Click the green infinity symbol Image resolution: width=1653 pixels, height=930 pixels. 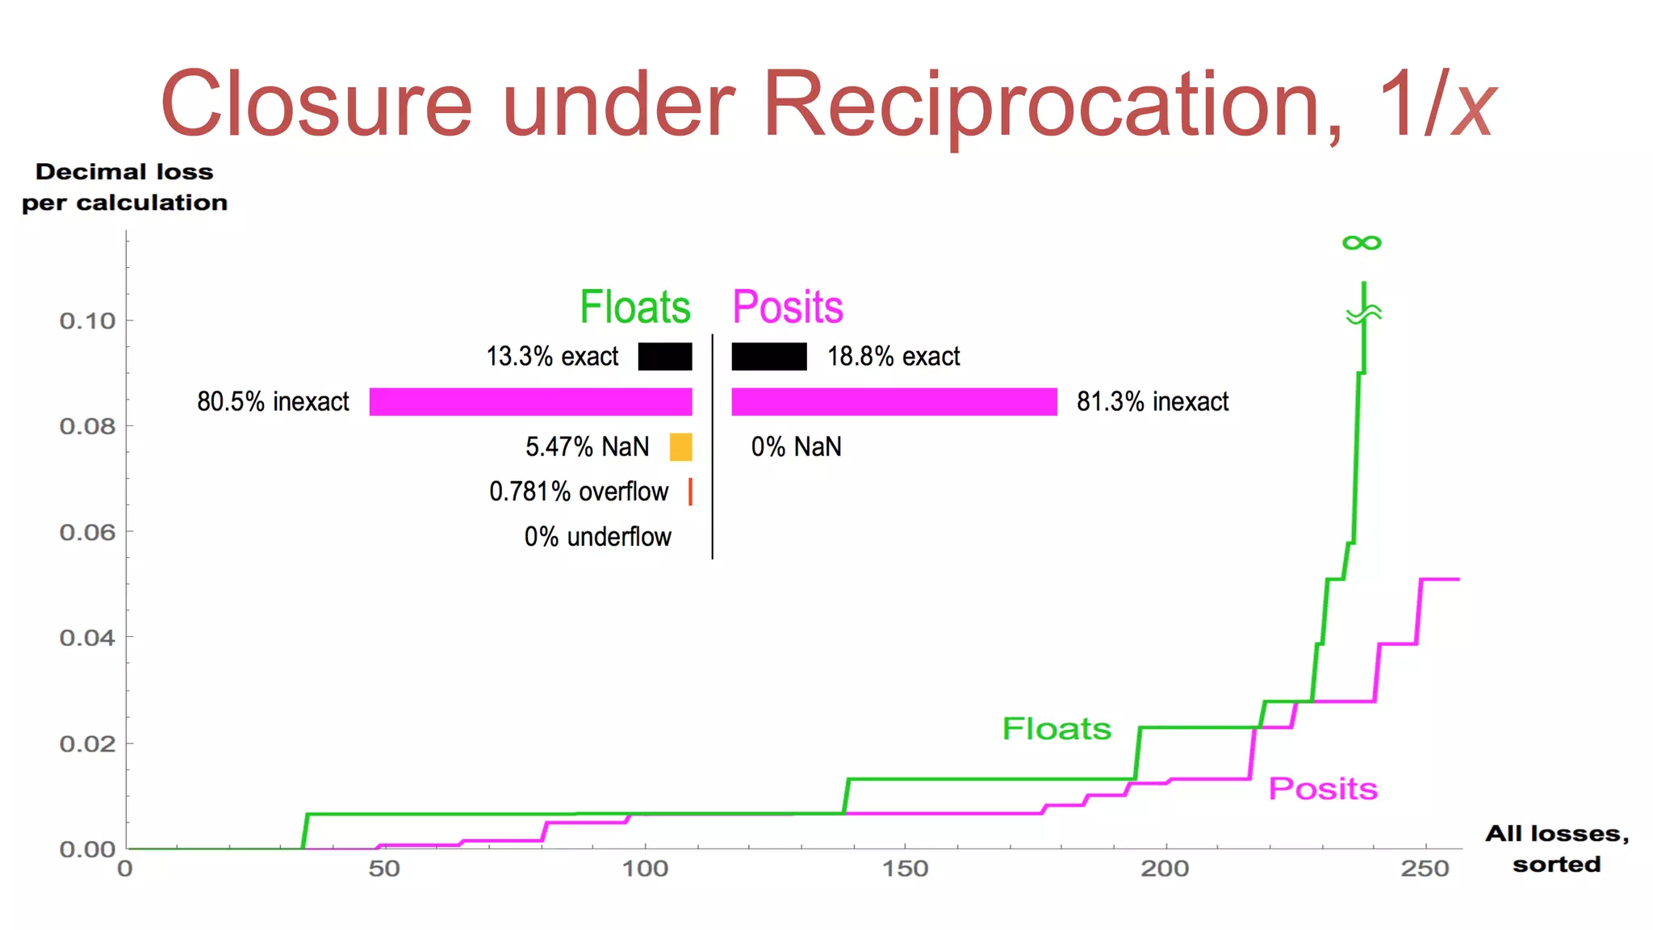(x=1362, y=242)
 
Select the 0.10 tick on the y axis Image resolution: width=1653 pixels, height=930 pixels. (x=87, y=321)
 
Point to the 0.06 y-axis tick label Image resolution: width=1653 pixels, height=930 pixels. (x=87, y=533)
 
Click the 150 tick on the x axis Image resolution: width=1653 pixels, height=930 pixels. (x=905, y=869)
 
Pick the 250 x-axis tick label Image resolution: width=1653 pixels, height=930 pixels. (x=1425, y=869)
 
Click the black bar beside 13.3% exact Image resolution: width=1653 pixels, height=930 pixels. (x=665, y=356)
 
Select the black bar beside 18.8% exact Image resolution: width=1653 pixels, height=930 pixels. (x=768, y=356)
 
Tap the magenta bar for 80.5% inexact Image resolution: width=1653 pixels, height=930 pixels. (x=530, y=401)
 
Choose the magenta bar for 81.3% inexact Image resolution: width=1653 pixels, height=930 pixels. (x=893, y=401)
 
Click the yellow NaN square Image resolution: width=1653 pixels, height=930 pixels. (x=680, y=446)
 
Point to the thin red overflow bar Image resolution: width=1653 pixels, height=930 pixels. (x=690, y=492)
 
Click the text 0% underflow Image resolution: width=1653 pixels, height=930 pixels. (x=597, y=537)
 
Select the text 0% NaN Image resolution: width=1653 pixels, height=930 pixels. (x=796, y=446)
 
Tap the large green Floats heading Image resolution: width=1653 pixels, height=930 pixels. (x=635, y=308)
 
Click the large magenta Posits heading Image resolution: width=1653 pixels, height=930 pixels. (x=787, y=308)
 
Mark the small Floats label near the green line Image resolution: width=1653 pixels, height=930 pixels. (x=1057, y=729)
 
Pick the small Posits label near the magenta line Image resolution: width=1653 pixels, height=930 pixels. (x=1323, y=789)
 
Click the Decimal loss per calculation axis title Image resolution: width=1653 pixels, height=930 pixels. (x=124, y=187)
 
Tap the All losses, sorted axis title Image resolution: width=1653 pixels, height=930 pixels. (x=1556, y=848)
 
